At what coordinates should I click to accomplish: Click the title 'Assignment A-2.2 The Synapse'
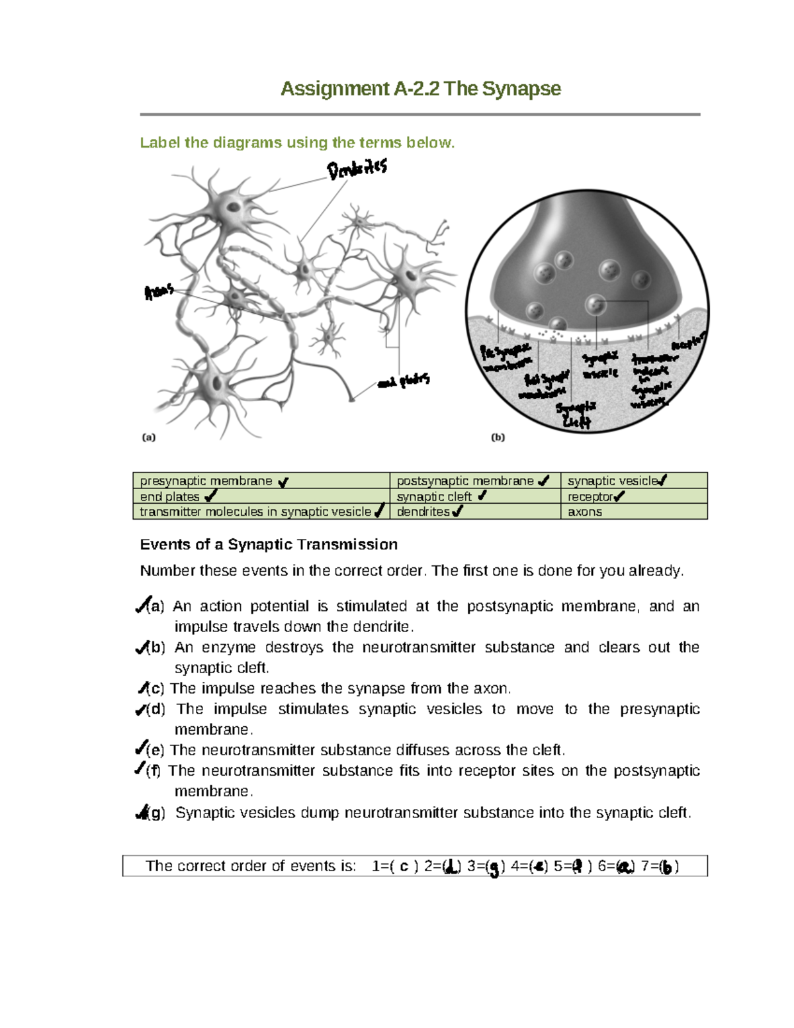point(420,89)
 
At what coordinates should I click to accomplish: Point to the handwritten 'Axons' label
point(159,291)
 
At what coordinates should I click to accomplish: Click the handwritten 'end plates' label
point(404,381)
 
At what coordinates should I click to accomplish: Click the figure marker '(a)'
point(149,437)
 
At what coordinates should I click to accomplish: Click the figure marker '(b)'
point(498,437)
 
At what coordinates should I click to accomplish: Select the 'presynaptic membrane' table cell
point(206,481)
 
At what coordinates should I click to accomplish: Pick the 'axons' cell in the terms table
point(585,512)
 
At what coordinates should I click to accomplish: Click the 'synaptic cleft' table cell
point(434,496)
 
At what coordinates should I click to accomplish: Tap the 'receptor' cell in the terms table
point(590,496)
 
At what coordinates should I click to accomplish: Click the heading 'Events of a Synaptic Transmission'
point(269,545)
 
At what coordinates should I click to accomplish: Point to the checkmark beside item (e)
point(140,749)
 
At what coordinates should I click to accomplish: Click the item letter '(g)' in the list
point(156,813)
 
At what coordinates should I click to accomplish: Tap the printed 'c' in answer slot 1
point(404,866)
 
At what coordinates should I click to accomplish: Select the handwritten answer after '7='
point(667,866)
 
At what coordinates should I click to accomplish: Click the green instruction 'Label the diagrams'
point(297,142)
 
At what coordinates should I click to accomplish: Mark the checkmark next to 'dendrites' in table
point(457,511)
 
